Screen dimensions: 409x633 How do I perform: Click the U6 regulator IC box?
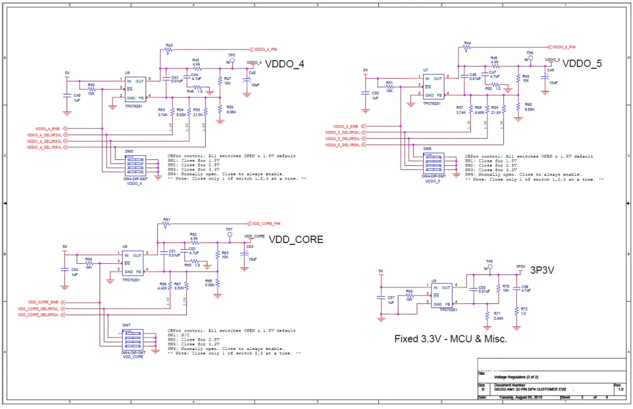[135, 89]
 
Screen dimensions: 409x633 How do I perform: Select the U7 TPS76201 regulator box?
[433, 87]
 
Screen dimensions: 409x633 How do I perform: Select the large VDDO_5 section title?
[582, 63]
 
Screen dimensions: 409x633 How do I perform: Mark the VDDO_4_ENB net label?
[47, 128]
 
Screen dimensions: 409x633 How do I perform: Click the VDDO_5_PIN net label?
[563, 46]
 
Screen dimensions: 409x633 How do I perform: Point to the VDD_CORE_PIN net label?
[266, 224]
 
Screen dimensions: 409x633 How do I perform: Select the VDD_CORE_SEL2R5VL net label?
[38, 315]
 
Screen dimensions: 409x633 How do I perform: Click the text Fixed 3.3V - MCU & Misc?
[450, 339]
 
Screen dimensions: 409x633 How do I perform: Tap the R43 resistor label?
[169, 45]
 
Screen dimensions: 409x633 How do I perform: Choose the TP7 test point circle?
[229, 234]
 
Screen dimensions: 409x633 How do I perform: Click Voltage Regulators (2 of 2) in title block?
[516, 377]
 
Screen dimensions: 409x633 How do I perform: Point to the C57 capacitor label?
[391, 298]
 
